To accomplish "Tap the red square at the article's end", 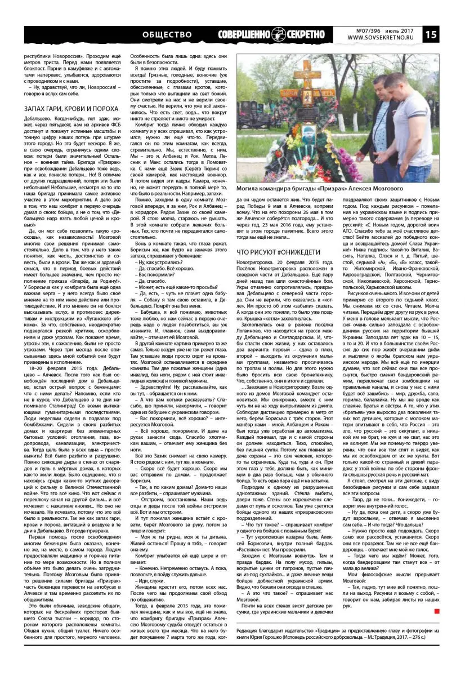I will click(437, 594).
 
